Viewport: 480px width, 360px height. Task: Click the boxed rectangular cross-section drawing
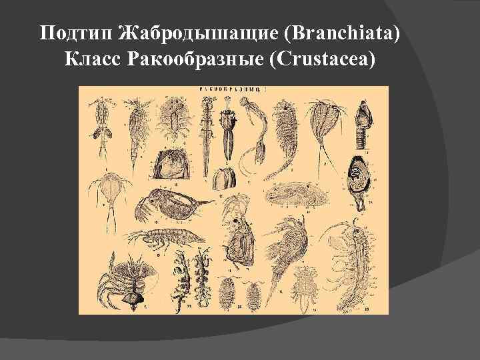pos(173,162)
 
